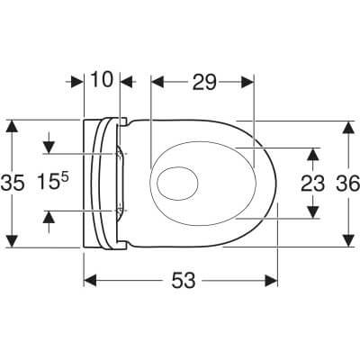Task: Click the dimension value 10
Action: [x=102, y=79]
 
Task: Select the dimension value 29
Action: [x=204, y=82]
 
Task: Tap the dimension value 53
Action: [x=184, y=281]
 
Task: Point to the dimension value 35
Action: [x=13, y=184]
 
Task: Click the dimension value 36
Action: [x=347, y=184]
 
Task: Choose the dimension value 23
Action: [x=312, y=184]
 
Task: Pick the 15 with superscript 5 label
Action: [x=53, y=182]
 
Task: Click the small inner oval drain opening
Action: [x=177, y=183]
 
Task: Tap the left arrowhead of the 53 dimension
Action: [x=90, y=281]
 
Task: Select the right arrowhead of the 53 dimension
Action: [x=271, y=281]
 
